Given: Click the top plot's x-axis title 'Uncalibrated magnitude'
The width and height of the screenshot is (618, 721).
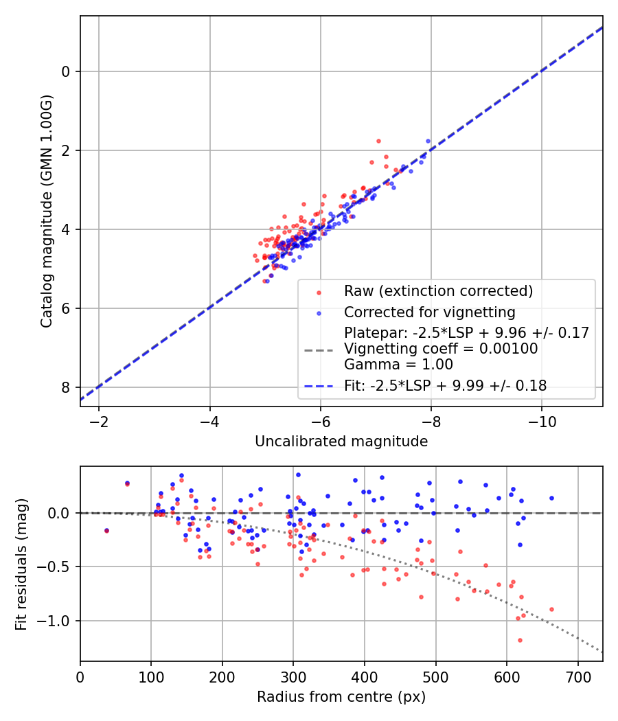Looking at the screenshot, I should pos(341,442).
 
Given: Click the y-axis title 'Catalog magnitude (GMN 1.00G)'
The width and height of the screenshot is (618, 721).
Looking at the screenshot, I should pos(46,211).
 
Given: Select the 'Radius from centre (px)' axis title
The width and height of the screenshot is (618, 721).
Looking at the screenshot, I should pos(341,697).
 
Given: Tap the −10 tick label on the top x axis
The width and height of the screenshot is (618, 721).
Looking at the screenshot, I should pos(541,421).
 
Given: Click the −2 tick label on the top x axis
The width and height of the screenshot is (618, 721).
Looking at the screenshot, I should pos(99,421).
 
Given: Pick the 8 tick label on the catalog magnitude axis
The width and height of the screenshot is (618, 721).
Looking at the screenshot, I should pos(67,388).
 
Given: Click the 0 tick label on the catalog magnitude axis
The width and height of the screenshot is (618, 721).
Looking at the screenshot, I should pos(67,71).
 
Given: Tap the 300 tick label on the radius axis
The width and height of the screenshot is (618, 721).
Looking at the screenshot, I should pos(293,676).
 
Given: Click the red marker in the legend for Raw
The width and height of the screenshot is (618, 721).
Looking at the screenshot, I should pos(318,292).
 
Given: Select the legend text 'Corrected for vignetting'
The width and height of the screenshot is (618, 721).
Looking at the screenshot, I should pos(430,312).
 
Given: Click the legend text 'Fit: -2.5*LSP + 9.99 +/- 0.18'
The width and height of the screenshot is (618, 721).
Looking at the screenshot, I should pos(446,386).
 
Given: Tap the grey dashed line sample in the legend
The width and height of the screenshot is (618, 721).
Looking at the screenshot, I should pos(318,349).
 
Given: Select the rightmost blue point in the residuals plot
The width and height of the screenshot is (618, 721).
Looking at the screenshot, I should pos(551,498).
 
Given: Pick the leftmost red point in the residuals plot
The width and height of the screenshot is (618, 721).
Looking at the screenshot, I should pos(106,531).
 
